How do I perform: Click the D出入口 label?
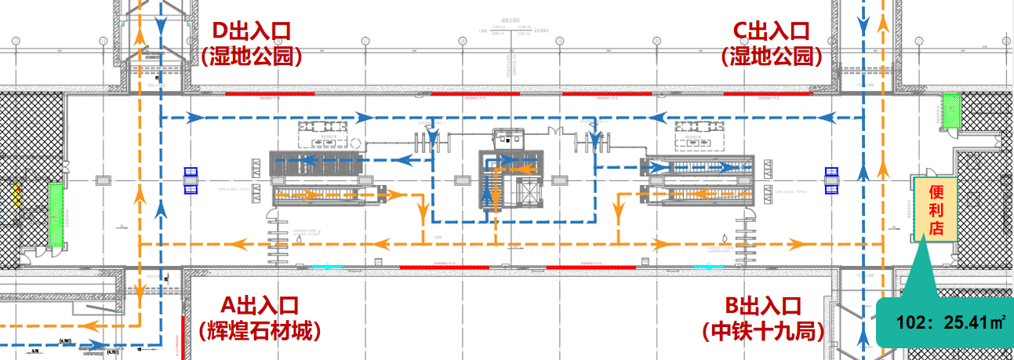tap(252, 31)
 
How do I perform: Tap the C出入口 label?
tap(770, 31)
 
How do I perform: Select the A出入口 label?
tap(260, 305)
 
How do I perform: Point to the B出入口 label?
tap(763, 305)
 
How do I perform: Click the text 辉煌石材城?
tap(260, 331)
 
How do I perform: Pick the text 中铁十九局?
tap(763, 331)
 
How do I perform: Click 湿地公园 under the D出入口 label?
tap(252, 56)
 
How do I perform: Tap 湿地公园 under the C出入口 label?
tap(771, 56)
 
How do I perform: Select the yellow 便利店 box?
tap(935, 210)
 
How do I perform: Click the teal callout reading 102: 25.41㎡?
tap(946, 321)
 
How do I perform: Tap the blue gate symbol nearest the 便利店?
tap(832, 180)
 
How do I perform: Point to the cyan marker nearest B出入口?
tap(708, 267)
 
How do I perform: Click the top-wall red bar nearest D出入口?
tap(270, 93)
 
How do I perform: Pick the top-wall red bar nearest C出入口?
tap(767, 93)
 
